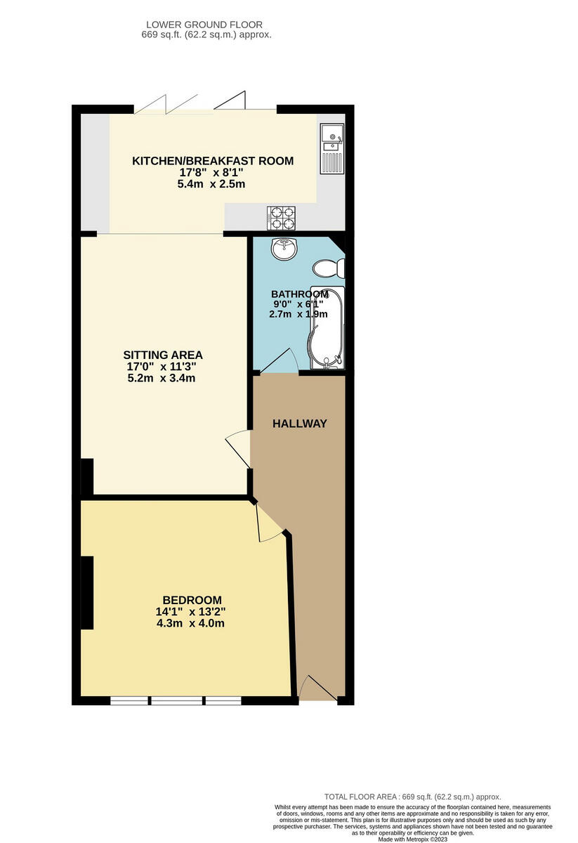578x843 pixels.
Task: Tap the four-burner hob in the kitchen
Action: point(281,218)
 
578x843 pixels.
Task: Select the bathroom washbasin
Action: point(285,249)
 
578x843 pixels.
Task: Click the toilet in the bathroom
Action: point(329,268)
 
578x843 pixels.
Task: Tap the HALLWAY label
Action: point(300,424)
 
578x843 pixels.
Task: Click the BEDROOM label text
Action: point(192,600)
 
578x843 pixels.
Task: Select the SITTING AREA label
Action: point(163,355)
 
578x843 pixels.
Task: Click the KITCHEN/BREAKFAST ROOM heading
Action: point(213,161)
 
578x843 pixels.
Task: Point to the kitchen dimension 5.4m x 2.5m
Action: point(213,184)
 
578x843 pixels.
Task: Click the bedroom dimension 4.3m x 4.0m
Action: point(192,623)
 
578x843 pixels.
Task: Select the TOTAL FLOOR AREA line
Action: point(412,797)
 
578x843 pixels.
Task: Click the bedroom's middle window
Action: point(177,700)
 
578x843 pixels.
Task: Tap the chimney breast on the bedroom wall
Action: point(87,592)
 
